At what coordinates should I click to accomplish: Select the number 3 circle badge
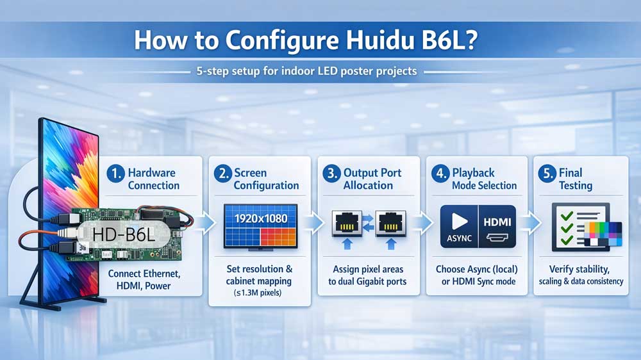331,173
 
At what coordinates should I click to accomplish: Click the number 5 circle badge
546,173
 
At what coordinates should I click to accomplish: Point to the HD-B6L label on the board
124,236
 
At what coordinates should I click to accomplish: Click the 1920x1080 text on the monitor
260,218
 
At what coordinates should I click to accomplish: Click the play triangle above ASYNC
460,221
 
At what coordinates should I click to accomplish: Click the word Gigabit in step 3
383,281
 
